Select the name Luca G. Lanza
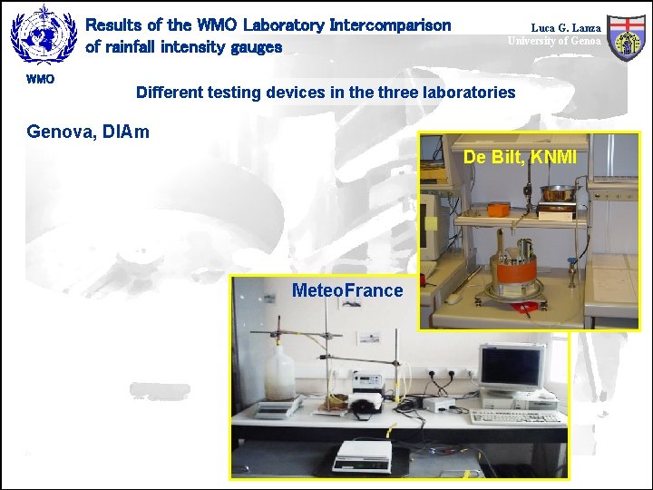click(565, 28)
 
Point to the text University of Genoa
click(553, 41)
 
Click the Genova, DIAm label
click(88, 132)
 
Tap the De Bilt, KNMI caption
click(520, 157)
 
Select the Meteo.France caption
click(346, 290)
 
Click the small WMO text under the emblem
click(40, 79)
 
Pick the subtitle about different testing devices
click(325, 92)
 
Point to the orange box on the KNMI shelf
click(500, 208)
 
